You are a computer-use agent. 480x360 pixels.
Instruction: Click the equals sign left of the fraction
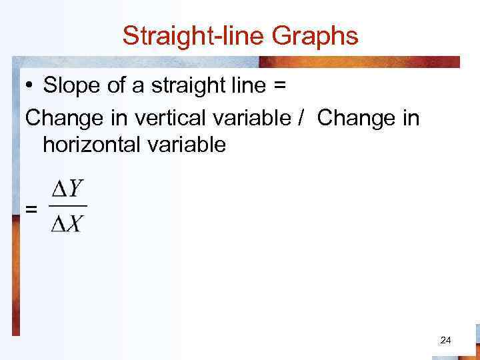pyautogui.click(x=31, y=209)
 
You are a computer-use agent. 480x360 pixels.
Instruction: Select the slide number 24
pyautogui.click(x=446, y=341)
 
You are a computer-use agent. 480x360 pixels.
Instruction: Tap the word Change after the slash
pyautogui.click(x=355, y=118)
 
